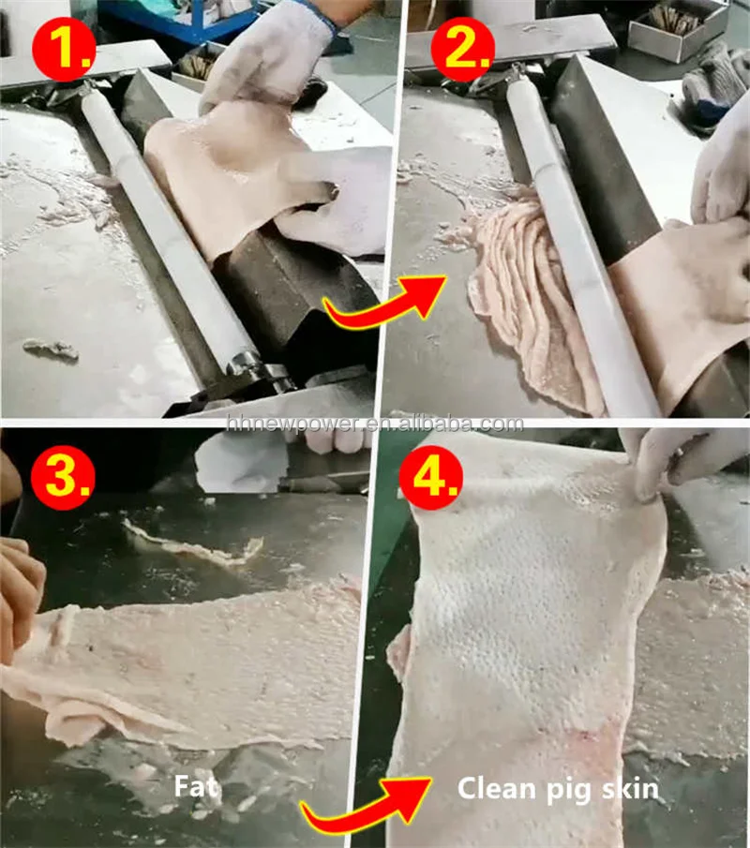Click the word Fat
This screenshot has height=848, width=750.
[x=196, y=785]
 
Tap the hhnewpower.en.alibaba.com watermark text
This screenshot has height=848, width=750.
[x=375, y=424]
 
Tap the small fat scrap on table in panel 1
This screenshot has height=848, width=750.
[x=52, y=350]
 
